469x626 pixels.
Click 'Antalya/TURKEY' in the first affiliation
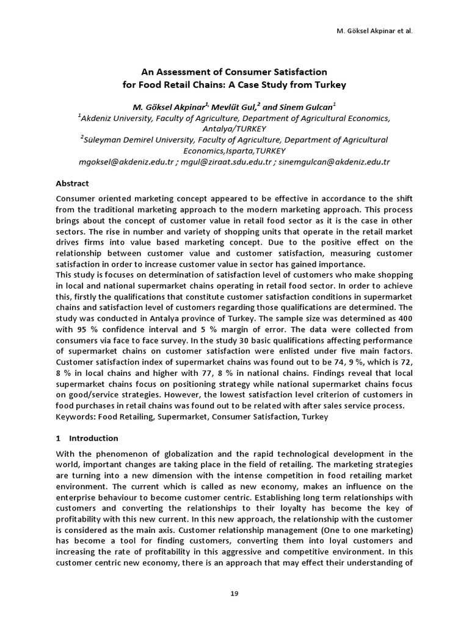(x=234, y=129)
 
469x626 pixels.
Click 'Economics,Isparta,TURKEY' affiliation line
(x=234, y=151)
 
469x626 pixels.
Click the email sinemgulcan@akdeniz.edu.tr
(x=334, y=162)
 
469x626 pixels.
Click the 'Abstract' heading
(x=72, y=183)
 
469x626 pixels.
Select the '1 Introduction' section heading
(x=87, y=438)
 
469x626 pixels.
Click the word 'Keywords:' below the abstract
(x=76, y=417)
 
